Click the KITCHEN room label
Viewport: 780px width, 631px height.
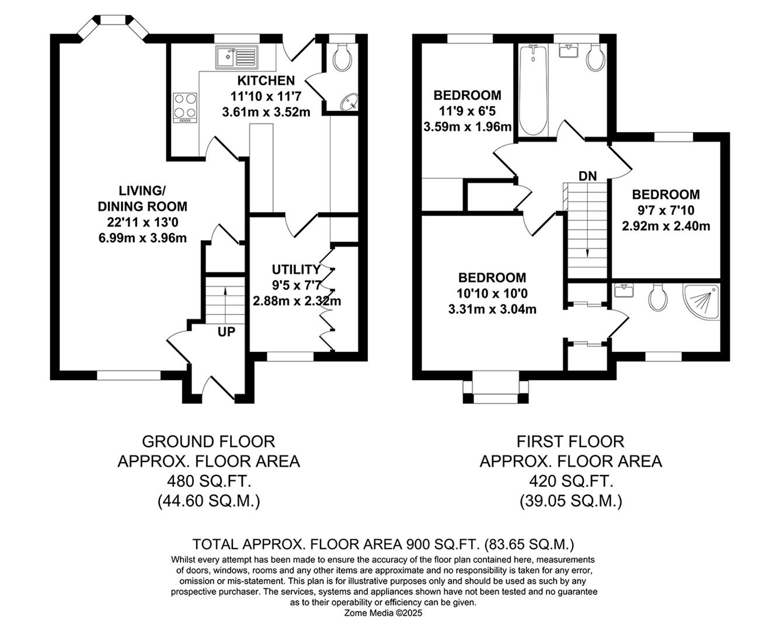coord(266,81)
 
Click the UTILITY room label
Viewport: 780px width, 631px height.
coord(296,269)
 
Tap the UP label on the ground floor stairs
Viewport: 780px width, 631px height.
coord(227,332)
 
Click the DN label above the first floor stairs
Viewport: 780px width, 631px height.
coord(587,176)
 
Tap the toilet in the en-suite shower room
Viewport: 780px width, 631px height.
coord(658,297)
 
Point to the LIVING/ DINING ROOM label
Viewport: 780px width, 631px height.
coord(142,198)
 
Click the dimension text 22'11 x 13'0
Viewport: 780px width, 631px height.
coord(142,222)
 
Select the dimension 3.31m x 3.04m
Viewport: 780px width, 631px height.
coord(492,309)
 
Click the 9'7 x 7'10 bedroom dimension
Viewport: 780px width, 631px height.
coord(666,210)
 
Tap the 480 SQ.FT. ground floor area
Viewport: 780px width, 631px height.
coord(208,481)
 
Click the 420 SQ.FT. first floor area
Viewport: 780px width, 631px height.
coord(570,481)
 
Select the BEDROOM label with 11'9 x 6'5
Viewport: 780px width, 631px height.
coord(467,95)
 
